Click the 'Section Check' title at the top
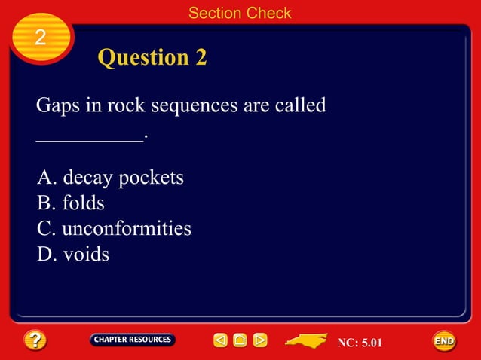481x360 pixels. point(240,13)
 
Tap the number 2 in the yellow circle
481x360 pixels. point(40,38)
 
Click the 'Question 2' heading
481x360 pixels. point(152,58)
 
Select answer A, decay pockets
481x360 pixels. point(110,178)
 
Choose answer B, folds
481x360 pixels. point(71,203)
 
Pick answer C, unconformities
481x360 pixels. point(114,228)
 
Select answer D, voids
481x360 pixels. point(73,254)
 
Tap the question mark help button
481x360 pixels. point(35,340)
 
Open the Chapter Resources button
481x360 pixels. point(133,340)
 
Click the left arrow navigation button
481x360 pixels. point(220,340)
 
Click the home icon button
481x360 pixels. point(240,340)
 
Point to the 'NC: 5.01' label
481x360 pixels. point(360,343)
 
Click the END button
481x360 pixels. point(444,341)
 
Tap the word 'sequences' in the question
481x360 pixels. point(194,106)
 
